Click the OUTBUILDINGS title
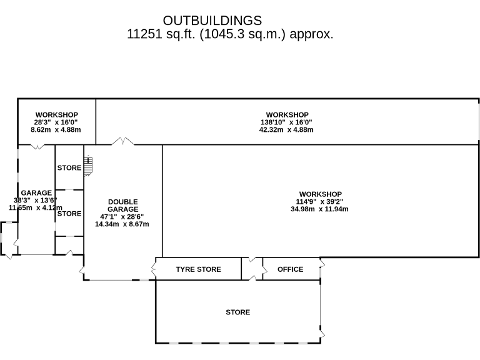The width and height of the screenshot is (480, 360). coord(212,21)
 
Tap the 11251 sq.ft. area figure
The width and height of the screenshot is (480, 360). coord(161,34)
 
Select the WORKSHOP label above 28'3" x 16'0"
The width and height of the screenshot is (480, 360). coord(56,115)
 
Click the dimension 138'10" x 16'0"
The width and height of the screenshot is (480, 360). coord(287,122)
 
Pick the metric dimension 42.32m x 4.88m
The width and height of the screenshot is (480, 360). coord(287,130)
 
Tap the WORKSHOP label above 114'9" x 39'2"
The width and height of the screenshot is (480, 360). coord(320,194)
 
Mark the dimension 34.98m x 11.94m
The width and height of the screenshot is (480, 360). coord(320,209)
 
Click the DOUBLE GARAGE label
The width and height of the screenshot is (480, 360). coord(122,205)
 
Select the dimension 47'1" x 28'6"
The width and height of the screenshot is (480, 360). coord(122,216)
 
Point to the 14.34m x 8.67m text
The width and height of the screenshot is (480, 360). coord(122,224)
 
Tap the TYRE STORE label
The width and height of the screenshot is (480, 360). coord(198,269)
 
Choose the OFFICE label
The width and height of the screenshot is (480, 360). coord(290,269)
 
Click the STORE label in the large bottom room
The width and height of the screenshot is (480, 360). coord(237,312)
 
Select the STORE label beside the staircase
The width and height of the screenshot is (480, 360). coord(69,167)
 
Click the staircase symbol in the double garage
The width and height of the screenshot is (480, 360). coord(88,165)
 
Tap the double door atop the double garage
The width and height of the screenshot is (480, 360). coord(122,142)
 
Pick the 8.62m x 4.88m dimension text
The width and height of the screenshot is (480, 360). coord(56,130)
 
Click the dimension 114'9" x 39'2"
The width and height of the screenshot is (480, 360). coord(320,201)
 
